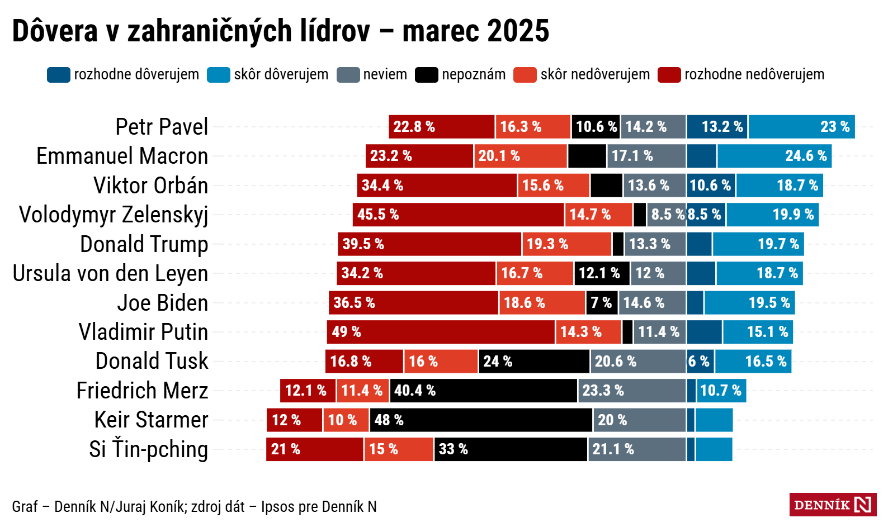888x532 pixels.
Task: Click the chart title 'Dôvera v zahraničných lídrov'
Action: point(190,31)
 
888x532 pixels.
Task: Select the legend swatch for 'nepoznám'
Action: point(426,75)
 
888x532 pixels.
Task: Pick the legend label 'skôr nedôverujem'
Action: point(594,75)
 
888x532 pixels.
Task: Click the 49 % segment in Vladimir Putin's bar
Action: point(441,332)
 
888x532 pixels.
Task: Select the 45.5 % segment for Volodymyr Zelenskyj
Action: point(458,215)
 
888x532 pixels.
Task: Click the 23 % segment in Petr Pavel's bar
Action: point(801,127)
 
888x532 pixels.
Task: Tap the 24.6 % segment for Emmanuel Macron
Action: point(774,156)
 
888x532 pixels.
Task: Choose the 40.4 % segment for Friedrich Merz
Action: point(484,391)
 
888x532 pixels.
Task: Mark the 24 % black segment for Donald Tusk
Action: point(534,362)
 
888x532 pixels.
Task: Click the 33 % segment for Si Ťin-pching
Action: point(511,449)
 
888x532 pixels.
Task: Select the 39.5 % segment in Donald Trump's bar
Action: point(429,244)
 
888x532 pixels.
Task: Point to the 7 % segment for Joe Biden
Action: point(602,303)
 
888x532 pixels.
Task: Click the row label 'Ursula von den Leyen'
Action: point(111,274)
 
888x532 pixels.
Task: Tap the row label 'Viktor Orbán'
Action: point(151,186)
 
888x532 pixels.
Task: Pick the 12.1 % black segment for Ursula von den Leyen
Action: point(602,273)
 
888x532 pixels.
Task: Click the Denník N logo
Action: point(832,505)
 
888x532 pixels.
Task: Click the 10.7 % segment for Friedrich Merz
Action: point(721,391)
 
